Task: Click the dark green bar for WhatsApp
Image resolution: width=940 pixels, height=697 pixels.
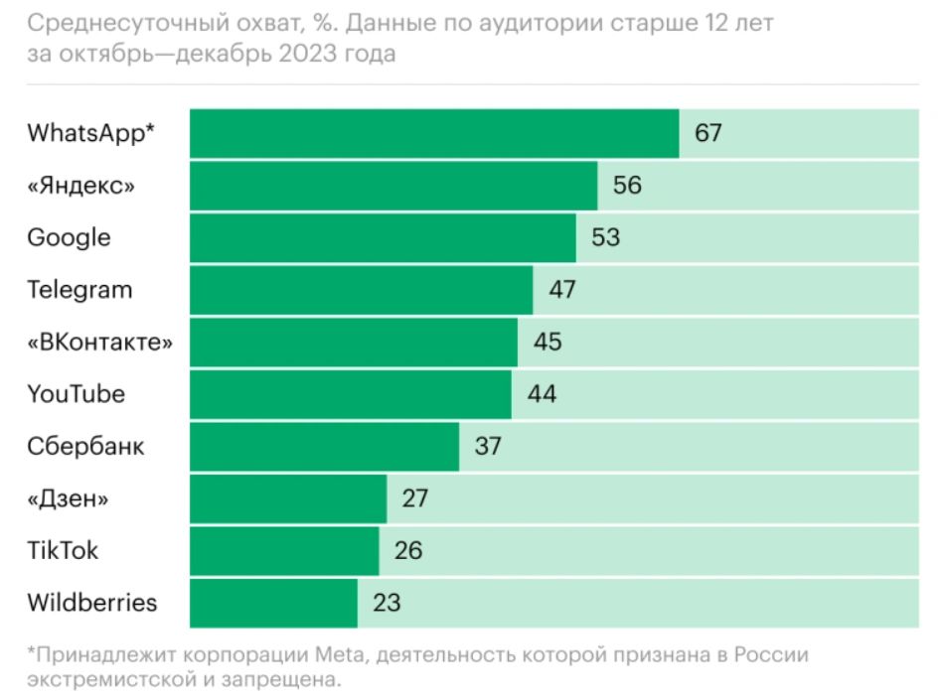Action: tap(433, 133)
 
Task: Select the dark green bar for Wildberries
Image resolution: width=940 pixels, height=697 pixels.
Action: tap(273, 603)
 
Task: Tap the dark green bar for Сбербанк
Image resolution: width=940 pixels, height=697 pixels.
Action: tap(324, 446)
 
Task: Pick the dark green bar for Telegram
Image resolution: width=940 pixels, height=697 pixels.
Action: tap(361, 290)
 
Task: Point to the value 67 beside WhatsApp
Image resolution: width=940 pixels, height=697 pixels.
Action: tap(707, 133)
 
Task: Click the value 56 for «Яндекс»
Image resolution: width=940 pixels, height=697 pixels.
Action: tap(627, 186)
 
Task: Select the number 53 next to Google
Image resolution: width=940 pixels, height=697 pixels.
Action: tap(605, 238)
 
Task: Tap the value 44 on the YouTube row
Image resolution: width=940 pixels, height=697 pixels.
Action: tap(542, 394)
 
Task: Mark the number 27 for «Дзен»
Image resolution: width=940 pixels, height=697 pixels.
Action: tap(415, 498)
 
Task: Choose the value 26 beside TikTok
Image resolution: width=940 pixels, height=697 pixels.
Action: tap(408, 550)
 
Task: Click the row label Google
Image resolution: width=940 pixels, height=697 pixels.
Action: tap(69, 238)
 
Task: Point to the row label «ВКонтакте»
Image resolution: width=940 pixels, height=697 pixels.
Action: tap(99, 343)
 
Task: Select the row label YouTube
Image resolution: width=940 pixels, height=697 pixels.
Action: tap(76, 394)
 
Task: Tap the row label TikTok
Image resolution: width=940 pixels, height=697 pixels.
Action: tap(63, 550)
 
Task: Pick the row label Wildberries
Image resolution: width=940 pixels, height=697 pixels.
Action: tap(91, 603)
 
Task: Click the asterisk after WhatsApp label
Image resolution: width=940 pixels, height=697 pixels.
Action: tap(150, 129)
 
